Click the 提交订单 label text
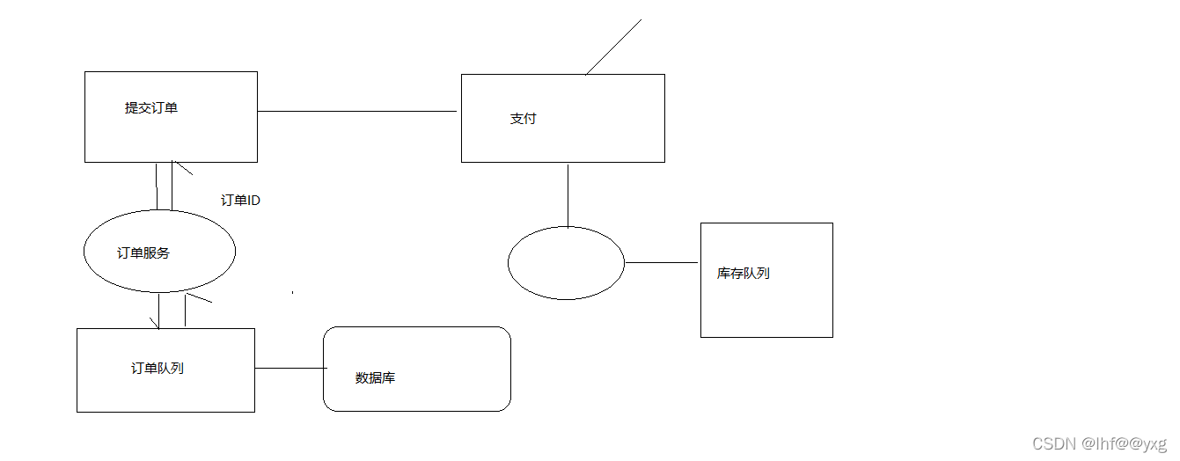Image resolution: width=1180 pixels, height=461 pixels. (x=151, y=108)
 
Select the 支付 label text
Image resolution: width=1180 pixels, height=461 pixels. (x=523, y=119)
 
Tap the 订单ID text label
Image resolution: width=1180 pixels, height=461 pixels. (x=240, y=201)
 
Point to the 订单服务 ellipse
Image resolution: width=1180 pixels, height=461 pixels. (x=159, y=252)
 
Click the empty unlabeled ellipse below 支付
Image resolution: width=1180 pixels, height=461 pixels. (x=566, y=263)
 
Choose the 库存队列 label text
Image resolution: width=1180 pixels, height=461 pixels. (x=743, y=274)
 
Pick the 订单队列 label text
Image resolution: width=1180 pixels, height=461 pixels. (x=157, y=369)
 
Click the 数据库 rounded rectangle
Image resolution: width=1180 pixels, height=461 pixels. (x=416, y=369)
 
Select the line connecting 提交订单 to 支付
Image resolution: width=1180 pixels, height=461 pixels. (x=356, y=112)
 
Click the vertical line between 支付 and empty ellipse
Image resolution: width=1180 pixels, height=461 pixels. (x=568, y=194)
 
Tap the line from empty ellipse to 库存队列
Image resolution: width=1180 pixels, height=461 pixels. (x=661, y=262)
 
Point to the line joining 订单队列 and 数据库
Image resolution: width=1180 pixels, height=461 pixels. (x=289, y=368)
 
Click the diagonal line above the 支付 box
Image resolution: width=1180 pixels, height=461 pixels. (x=613, y=47)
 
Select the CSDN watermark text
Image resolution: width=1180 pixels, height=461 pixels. (x=1099, y=443)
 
